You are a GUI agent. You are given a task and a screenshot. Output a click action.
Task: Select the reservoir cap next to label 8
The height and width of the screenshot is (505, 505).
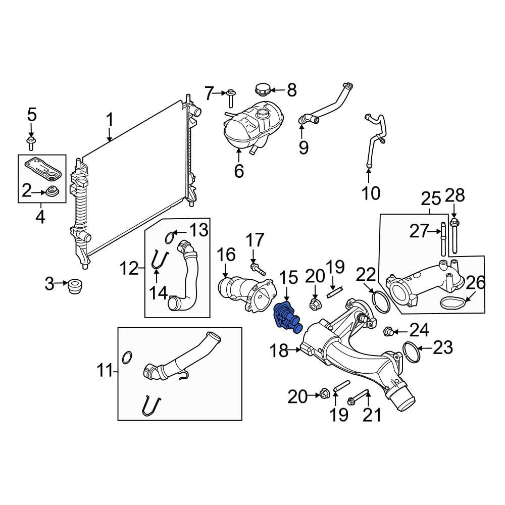tap(263, 91)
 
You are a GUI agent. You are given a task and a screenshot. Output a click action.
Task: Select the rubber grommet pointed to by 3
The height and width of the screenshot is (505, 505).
tap(75, 286)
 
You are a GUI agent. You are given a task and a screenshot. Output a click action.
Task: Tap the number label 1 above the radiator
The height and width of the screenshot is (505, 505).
tap(110, 121)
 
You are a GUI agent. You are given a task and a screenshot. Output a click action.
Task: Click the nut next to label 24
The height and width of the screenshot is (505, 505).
tap(389, 332)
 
